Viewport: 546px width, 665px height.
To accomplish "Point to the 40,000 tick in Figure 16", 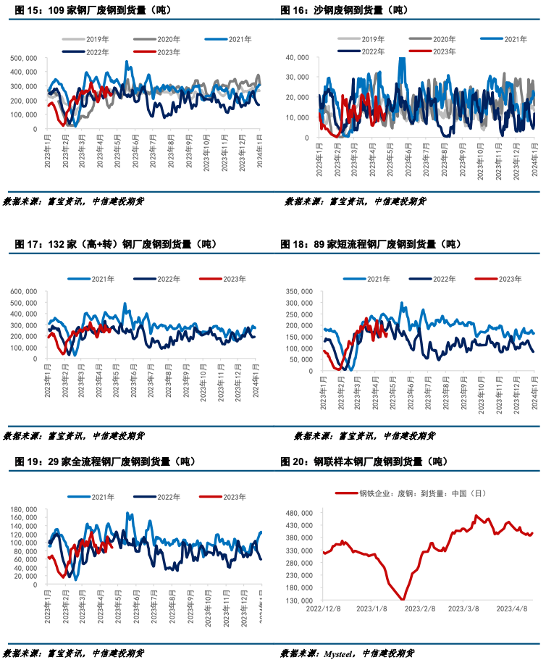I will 298,57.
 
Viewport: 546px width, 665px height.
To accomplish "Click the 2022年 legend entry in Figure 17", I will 167,279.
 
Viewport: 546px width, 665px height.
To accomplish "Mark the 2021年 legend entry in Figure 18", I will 369,279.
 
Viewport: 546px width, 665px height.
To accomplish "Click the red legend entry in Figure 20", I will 413,494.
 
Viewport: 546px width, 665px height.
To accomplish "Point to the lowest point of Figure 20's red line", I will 403,599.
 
